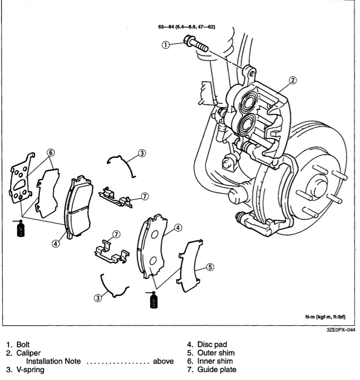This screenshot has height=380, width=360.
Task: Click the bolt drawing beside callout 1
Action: pos(197,45)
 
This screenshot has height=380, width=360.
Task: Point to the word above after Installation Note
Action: pos(163,361)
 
